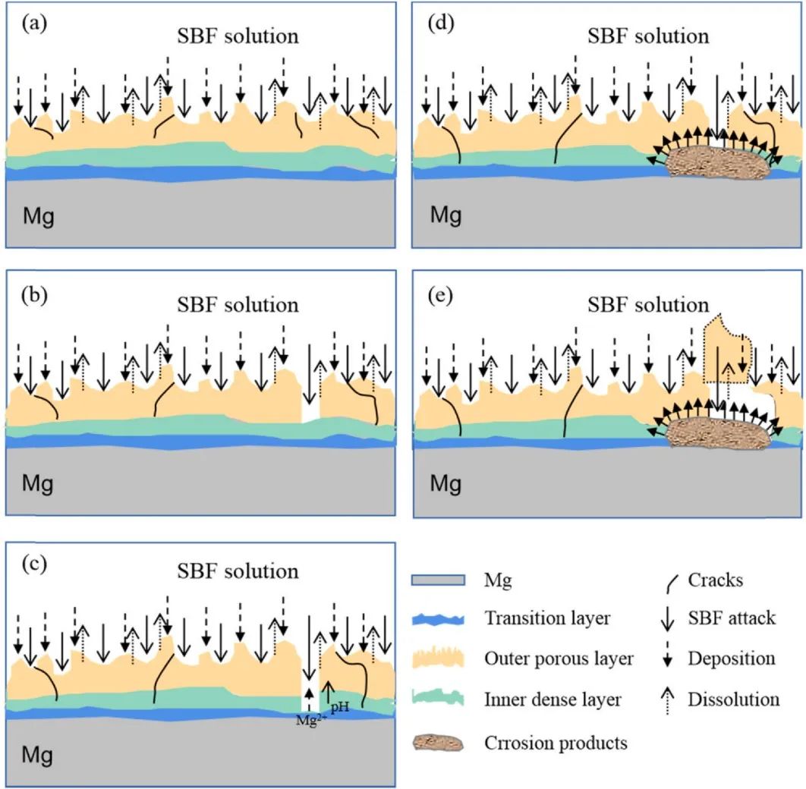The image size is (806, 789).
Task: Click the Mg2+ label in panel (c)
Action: click(309, 720)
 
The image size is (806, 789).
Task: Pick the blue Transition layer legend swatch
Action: click(438, 618)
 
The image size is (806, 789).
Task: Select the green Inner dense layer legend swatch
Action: click(438, 699)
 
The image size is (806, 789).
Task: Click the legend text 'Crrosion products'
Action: click(556, 743)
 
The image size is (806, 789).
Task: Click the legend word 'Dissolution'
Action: click(733, 699)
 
